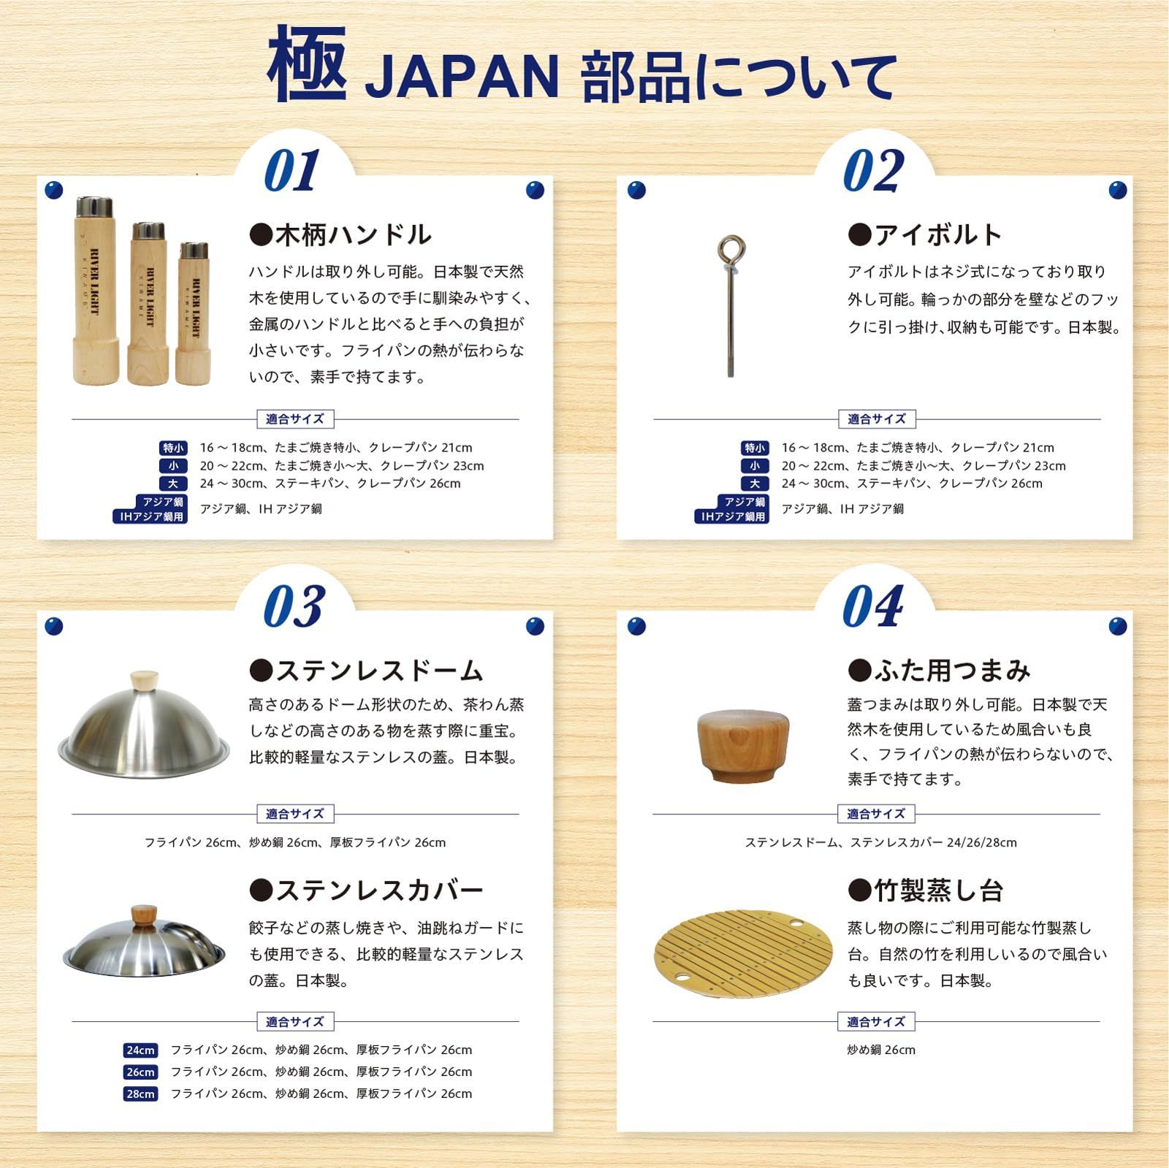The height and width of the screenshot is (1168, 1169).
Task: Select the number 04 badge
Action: [872, 606]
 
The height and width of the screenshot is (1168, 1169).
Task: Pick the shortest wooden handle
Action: [193, 314]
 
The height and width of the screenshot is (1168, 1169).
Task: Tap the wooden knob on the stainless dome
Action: [144, 680]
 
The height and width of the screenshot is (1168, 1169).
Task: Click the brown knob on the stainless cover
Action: [144, 915]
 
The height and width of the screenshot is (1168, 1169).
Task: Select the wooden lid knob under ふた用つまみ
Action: [743, 745]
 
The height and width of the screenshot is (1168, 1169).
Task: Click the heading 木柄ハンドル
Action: [340, 234]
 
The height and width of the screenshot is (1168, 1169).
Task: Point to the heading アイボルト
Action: [925, 234]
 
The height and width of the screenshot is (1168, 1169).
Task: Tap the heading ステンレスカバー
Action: [366, 890]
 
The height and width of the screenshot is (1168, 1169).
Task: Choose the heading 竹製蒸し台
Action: [925, 890]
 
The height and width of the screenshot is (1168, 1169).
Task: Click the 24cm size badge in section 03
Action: [140, 1050]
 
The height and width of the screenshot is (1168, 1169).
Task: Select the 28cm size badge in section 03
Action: [140, 1093]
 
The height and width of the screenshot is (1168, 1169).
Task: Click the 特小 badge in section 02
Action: [755, 448]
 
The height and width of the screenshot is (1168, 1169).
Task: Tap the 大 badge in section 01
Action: [173, 484]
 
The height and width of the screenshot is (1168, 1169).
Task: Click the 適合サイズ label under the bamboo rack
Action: [876, 1021]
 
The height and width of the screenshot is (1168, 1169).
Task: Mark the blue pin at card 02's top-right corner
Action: [1117, 191]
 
